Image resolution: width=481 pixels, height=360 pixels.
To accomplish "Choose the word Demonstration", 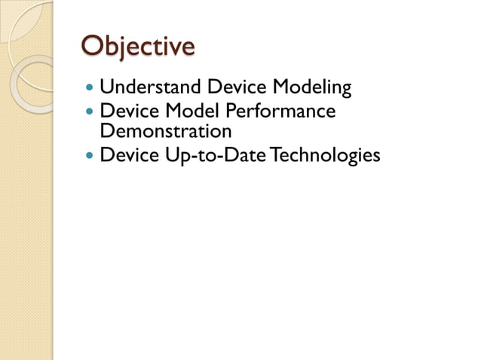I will coord(166,131).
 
